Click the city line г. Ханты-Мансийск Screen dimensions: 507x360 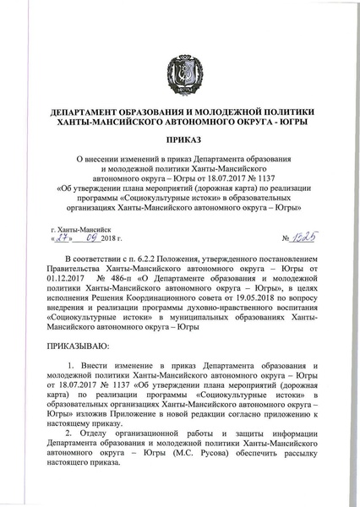pyautogui.click(x=81, y=229)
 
